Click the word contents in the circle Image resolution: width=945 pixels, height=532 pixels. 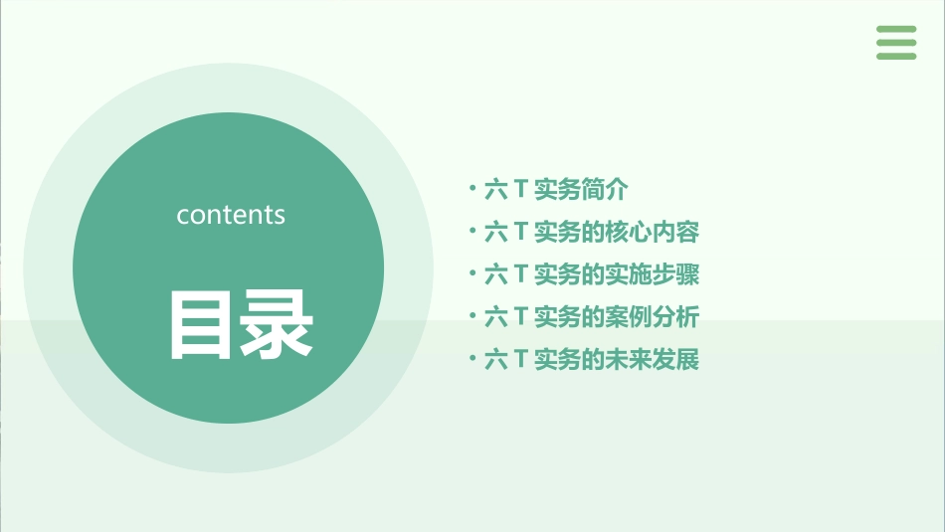click(231, 215)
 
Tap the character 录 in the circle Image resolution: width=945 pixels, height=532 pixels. click(277, 324)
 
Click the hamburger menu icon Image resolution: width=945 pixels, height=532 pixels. click(896, 43)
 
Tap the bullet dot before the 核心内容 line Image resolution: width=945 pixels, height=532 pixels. click(472, 231)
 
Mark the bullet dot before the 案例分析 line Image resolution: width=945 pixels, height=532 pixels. click(472, 315)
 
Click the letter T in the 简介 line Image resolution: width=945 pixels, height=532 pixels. click(520, 189)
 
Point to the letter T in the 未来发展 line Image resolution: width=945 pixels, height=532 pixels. click(520, 360)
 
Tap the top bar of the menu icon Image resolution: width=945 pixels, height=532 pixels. click(896, 30)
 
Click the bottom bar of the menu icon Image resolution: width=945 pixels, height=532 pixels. click(896, 56)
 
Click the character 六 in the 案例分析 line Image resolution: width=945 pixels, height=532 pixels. click(495, 317)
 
